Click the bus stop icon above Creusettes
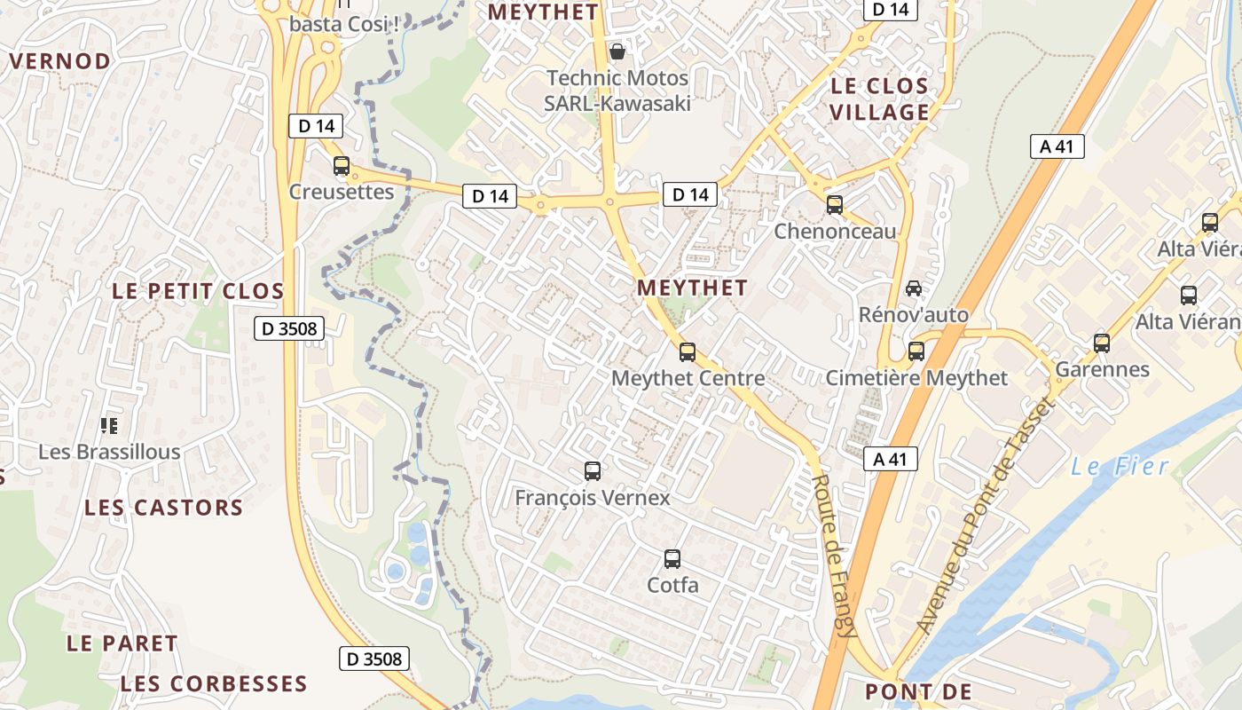[342, 166]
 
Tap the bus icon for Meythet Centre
[688, 352]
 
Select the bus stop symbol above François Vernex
[593, 471]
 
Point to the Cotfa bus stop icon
[672, 559]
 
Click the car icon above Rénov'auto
[914, 288]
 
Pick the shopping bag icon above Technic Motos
[617, 51]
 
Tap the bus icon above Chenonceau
[835, 205]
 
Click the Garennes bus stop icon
[1102, 343]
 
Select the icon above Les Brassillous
[109, 426]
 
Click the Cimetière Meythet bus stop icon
[916, 351]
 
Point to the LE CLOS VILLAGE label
[879, 99]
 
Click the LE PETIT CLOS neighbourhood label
[198, 291]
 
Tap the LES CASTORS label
[163, 508]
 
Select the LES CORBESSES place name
[213, 684]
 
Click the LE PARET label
[122, 643]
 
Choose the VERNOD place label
[59, 61]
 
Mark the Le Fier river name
[1120, 466]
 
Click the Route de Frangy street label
[834, 556]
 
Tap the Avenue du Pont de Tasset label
[984, 515]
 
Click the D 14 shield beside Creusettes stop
[316, 126]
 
